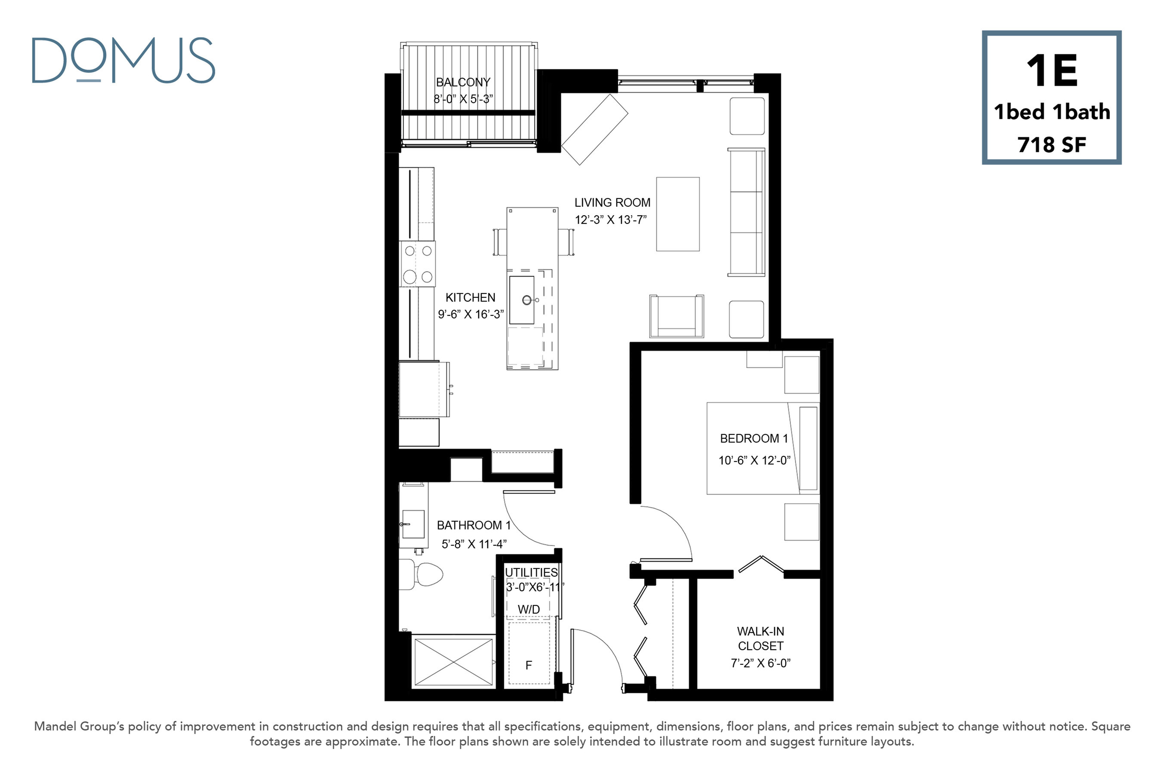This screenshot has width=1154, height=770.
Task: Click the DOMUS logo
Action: tap(123, 61)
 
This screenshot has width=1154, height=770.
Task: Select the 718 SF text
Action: tap(1052, 145)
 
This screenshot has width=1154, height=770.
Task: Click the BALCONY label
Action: tap(463, 82)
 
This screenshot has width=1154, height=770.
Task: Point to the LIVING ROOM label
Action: tap(612, 202)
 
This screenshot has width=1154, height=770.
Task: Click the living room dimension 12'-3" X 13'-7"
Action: tap(611, 220)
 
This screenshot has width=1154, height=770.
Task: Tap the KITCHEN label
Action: tap(471, 297)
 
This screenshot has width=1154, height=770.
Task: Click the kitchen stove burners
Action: tap(417, 264)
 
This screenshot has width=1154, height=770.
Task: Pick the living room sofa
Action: tap(746, 212)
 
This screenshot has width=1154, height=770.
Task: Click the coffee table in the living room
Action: tap(678, 214)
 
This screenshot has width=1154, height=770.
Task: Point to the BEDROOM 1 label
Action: tap(754, 439)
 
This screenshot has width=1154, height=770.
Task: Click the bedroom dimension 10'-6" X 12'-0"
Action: tap(754, 460)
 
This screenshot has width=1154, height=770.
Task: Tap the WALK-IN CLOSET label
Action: tap(761, 639)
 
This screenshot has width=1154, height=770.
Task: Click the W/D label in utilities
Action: tap(529, 609)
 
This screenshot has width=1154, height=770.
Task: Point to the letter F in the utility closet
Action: tap(529, 666)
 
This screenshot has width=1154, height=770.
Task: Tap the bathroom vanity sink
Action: tap(413, 524)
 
